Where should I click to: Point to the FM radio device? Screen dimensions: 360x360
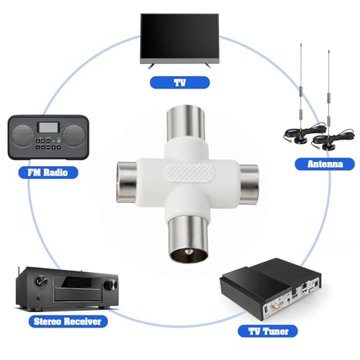pyautogui.click(x=49, y=137)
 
